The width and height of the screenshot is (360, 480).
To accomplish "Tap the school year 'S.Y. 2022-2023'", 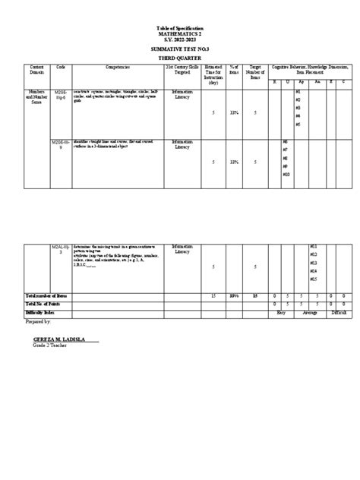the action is [x=180, y=40].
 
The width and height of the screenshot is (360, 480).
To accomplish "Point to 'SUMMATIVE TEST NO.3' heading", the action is [x=180, y=48].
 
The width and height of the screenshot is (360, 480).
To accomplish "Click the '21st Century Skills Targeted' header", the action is [x=182, y=70].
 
